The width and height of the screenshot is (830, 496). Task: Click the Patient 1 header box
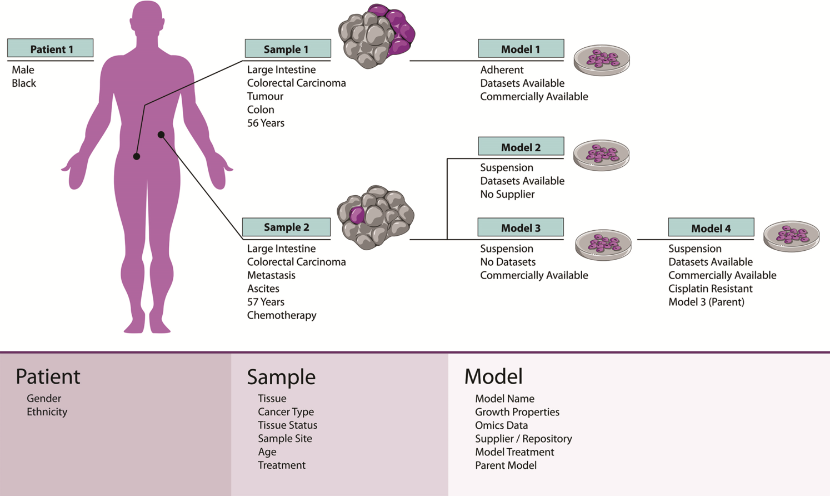[x=51, y=49]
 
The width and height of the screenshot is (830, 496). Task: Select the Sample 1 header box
[x=288, y=49]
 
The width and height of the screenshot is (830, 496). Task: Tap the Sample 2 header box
[x=286, y=227]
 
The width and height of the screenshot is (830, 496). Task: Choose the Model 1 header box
[x=521, y=49]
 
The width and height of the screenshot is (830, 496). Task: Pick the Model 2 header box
[x=521, y=147]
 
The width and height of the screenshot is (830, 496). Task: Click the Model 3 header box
[x=521, y=227]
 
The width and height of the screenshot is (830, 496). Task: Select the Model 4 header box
[x=711, y=228]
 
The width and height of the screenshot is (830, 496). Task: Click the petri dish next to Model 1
[x=602, y=59]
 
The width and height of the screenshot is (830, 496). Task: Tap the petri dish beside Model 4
[x=791, y=236]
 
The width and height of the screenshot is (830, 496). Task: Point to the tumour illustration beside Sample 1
[x=377, y=36]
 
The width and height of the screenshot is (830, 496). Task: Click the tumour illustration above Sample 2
[x=376, y=217]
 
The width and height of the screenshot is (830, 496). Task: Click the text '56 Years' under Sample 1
[x=266, y=123]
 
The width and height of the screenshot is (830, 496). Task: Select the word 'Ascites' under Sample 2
[x=263, y=289]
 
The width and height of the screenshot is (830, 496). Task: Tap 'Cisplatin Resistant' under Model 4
[x=710, y=289]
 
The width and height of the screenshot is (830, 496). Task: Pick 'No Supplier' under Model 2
[x=507, y=194]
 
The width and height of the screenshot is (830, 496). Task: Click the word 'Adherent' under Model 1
[x=502, y=70]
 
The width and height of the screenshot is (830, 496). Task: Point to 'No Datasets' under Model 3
[x=508, y=262]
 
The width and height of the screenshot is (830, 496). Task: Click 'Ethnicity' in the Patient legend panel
[x=47, y=412]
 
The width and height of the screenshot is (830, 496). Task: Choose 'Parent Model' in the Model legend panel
[x=506, y=465]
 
